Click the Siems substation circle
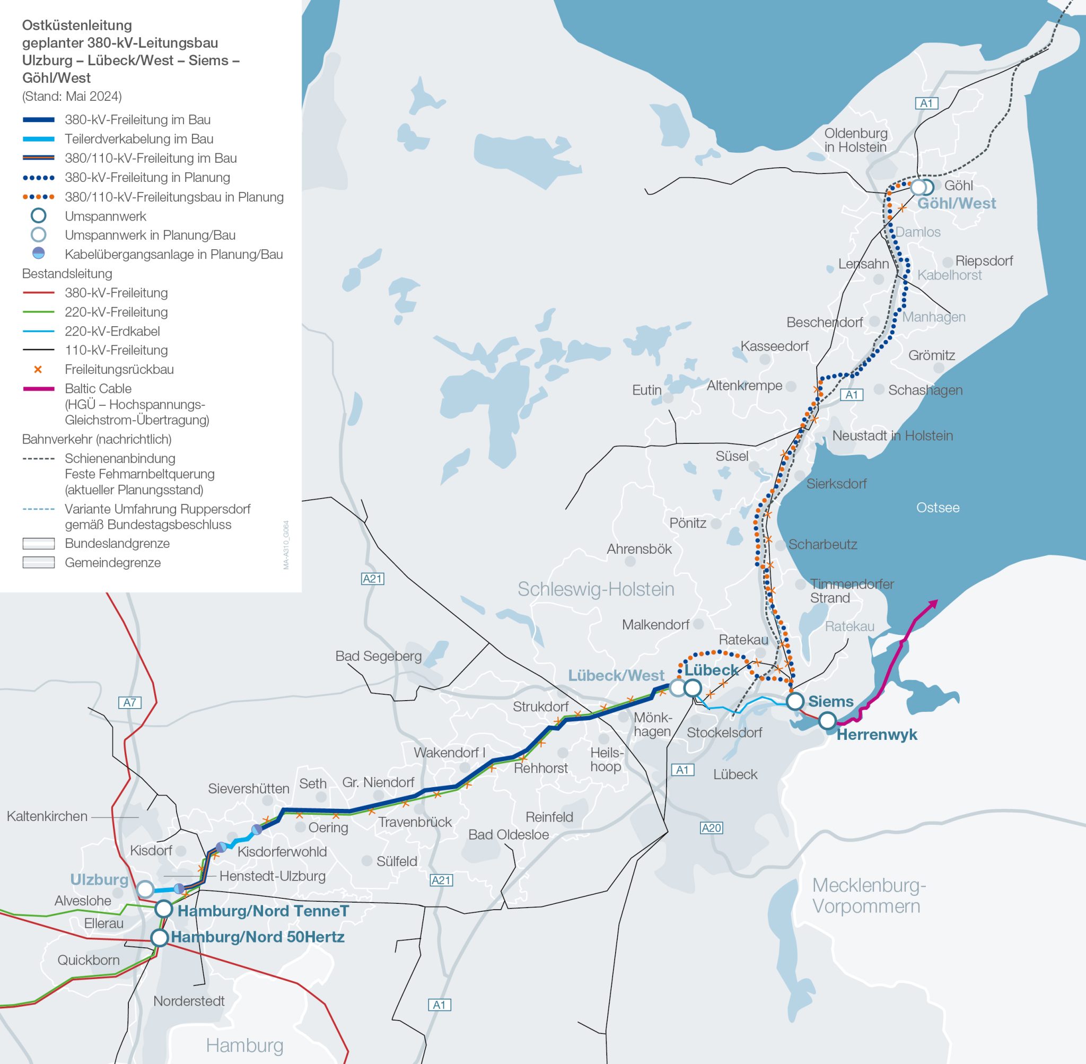(x=795, y=701)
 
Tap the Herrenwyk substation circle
(x=827, y=721)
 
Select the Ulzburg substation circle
(x=145, y=888)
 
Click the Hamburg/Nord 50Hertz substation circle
(x=160, y=938)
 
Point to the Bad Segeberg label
(x=378, y=656)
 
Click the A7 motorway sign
(x=129, y=702)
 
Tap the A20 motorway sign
(x=711, y=827)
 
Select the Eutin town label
(x=646, y=390)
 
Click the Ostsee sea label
(x=938, y=508)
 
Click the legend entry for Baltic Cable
(x=98, y=388)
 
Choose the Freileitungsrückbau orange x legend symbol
(x=38, y=369)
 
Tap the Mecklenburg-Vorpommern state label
(x=869, y=895)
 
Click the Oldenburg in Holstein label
(x=855, y=140)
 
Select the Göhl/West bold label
(x=957, y=204)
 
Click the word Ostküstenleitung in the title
(x=77, y=25)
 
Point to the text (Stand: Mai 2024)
(x=72, y=96)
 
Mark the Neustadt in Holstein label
(x=892, y=436)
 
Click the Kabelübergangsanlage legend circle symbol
(x=38, y=253)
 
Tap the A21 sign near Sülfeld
(x=441, y=880)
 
